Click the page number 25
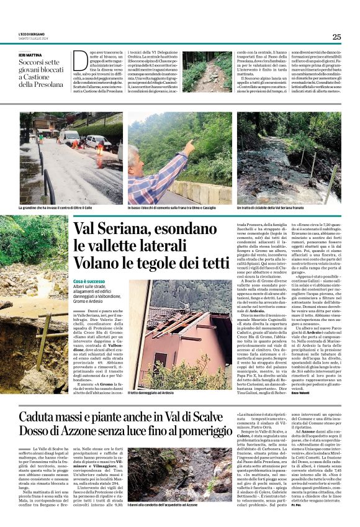click(x=336, y=37)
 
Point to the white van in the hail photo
click(x=70, y=137)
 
